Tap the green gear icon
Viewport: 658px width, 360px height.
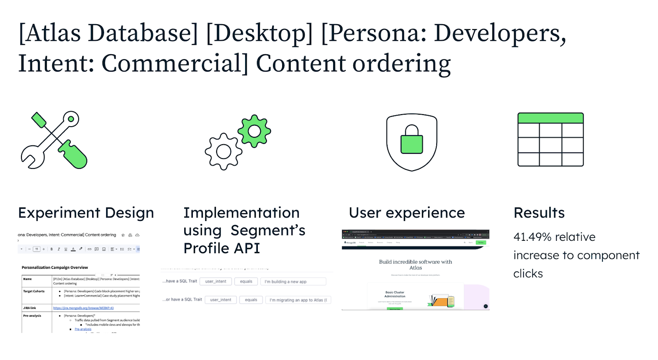254,131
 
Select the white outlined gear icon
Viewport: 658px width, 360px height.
223,152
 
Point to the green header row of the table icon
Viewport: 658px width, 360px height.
550,118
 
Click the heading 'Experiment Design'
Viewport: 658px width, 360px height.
86,213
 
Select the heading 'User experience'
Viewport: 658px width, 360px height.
407,213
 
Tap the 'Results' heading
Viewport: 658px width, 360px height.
539,213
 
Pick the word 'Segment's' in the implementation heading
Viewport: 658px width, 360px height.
268,231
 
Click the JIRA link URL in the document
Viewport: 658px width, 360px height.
83,308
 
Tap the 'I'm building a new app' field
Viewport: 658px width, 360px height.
293,282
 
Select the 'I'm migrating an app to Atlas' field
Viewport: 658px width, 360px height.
298,300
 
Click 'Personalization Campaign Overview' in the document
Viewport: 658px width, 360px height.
55,268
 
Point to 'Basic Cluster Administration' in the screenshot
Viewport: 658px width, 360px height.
395,294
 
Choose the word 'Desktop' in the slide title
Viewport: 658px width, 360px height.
259,33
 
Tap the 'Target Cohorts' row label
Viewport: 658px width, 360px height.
34,291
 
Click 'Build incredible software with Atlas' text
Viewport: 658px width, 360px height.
415,265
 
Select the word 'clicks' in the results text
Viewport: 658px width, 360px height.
528,274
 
